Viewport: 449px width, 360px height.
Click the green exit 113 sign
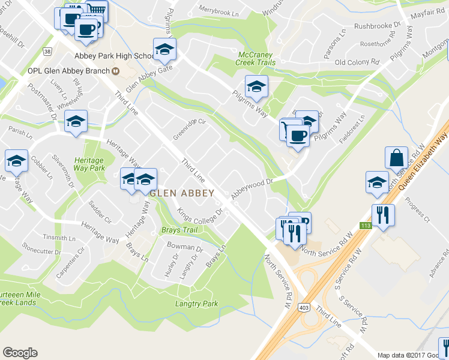coord(365,226)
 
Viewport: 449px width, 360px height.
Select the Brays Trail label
coord(179,230)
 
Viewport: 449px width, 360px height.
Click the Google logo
coord(20,353)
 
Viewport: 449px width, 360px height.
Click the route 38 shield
coord(47,52)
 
